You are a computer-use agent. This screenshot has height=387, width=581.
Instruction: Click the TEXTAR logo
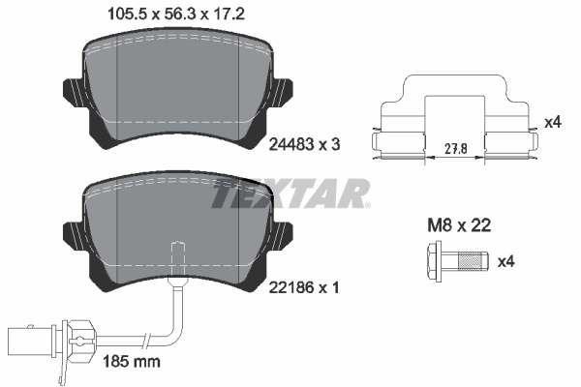click(290, 193)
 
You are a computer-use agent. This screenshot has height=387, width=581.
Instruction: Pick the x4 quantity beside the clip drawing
click(552, 123)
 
